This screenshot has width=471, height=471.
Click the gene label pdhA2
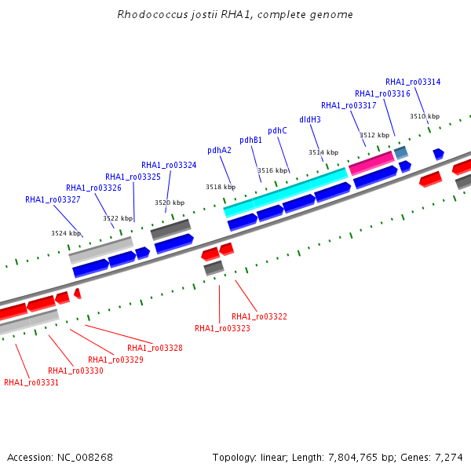click(219, 150)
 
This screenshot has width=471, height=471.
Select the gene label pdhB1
click(251, 141)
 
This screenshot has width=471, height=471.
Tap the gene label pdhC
click(277, 130)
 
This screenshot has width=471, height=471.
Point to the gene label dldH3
click(310, 119)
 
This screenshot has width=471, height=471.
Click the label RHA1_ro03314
click(413, 82)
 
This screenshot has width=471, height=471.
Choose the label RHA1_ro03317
click(349, 105)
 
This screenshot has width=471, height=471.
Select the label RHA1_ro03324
click(169, 165)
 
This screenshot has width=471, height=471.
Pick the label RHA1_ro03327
click(53, 199)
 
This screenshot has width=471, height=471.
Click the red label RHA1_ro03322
click(259, 316)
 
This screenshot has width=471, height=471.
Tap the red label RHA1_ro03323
click(222, 328)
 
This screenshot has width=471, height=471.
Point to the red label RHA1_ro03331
click(31, 382)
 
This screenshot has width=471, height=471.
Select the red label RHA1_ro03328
click(155, 348)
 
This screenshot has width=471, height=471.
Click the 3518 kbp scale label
click(221, 187)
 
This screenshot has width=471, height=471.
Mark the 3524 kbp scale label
click(66, 233)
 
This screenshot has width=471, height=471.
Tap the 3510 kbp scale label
click(425, 116)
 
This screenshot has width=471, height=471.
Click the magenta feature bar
click(371, 163)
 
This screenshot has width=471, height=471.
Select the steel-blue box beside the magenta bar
click(401, 152)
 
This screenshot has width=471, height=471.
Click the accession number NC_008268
click(85, 458)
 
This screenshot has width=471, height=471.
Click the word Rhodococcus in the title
click(152, 14)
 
